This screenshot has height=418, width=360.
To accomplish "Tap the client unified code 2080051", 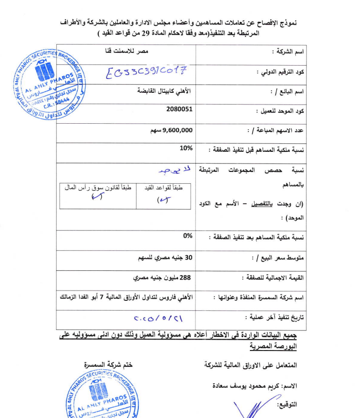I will click(180, 109).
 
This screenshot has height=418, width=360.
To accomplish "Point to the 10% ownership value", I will click(186, 148).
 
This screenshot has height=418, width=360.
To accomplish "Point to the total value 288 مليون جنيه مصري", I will click(163, 277).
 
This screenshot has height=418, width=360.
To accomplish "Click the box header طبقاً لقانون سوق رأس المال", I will click(98, 187).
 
